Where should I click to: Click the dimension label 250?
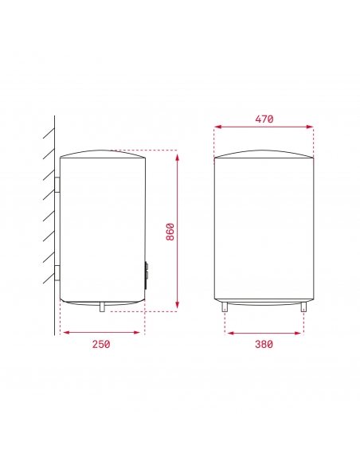(x=100, y=344)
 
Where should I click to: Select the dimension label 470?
(x=264, y=119)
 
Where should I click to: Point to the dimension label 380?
(x=264, y=344)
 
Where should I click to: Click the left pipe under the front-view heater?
(x=226, y=307)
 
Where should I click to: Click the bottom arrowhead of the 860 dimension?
(x=177, y=307)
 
